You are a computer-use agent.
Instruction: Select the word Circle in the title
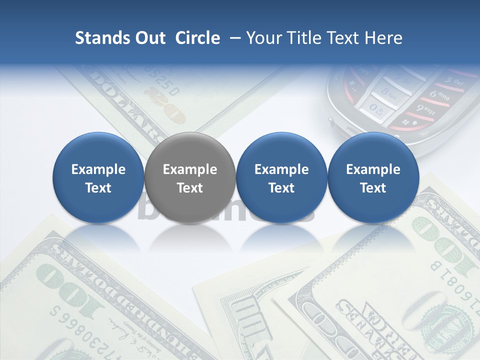pyautogui.click(x=197, y=38)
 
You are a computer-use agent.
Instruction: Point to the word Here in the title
pyautogui.click(x=384, y=38)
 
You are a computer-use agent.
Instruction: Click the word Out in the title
pyautogui.click(x=150, y=38)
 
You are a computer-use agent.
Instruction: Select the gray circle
pyautogui.click(x=190, y=177)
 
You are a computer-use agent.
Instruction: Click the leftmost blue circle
pyautogui.click(x=98, y=177)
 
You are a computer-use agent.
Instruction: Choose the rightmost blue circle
pyautogui.click(x=373, y=177)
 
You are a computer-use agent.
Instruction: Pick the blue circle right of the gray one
pyautogui.click(x=281, y=177)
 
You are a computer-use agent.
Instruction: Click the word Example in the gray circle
pyautogui.click(x=190, y=169)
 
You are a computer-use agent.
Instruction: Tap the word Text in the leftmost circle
pyautogui.click(x=98, y=188)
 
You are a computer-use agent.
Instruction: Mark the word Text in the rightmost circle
pyautogui.click(x=373, y=188)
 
